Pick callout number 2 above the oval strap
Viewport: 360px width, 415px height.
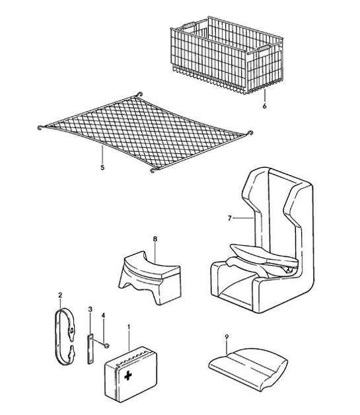pos(60,295)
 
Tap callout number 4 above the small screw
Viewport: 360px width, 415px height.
pos(103,317)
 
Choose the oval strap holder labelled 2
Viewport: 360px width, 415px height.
pos(66,337)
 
